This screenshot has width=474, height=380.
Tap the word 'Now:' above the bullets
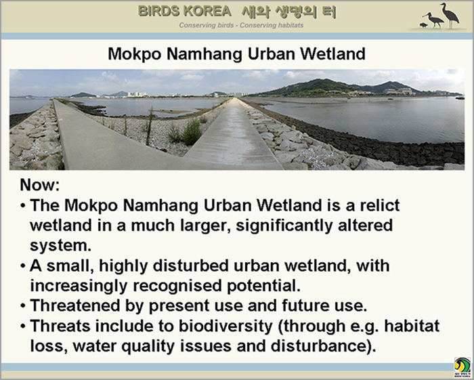click(40, 185)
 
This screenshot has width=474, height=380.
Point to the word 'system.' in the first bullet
click(60, 245)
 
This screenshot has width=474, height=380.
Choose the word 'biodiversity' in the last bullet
click(225, 326)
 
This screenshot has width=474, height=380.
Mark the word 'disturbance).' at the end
click(323, 346)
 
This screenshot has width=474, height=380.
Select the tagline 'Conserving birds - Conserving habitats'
click(241, 25)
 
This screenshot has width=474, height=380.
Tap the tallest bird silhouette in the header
click(450, 16)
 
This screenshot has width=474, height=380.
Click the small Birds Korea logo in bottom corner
click(462, 367)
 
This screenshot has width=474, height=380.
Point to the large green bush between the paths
click(192, 132)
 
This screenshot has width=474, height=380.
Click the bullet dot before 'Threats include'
click(23, 326)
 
